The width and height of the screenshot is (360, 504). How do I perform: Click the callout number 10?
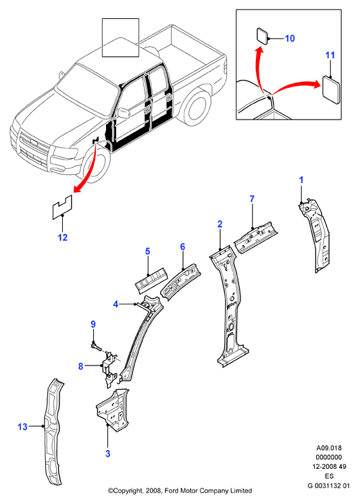coord(290,39)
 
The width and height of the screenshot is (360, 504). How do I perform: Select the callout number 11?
coord(330,55)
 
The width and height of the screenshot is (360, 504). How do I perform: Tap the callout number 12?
coord(63,238)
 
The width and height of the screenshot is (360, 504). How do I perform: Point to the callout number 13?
coord(22,427)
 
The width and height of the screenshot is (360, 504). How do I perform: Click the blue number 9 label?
coord(93,324)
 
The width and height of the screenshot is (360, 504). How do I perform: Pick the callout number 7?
coord(252,199)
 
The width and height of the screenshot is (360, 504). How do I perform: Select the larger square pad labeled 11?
coord(332,90)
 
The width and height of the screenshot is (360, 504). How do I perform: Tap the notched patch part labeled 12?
coord(62,207)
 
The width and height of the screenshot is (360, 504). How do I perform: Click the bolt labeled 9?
coord(96,347)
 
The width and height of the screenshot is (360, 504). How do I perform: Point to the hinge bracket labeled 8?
coord(109,368)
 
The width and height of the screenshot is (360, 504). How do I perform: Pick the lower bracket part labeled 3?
coord(113,410)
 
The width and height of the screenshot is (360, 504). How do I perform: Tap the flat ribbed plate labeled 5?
coord(151,280)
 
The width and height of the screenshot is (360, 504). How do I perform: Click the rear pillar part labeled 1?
coord(315,234)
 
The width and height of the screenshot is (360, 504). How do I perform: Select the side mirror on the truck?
coord(123,113)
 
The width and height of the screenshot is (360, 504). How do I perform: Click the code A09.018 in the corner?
coord(329,448)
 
